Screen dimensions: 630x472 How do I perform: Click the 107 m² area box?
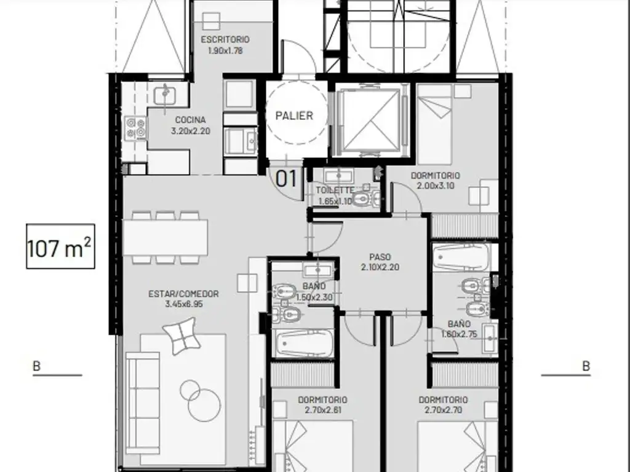(61, 246)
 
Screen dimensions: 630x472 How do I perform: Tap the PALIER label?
(294, 116)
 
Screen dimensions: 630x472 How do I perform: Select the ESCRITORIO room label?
(225, 39)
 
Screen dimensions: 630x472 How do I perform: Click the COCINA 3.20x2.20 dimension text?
(191, 131)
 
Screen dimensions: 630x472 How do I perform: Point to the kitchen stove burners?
(135, 128)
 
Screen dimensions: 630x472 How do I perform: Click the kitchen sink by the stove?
(165, 95)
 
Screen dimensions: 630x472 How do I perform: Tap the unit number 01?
(286, 179)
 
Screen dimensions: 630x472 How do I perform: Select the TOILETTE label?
(335, 191)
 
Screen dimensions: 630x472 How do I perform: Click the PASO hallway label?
(380, 257)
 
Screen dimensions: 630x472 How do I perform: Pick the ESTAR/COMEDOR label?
(183, 294)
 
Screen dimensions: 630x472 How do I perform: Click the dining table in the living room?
(165, 237)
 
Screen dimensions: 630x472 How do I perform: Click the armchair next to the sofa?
(181, 336)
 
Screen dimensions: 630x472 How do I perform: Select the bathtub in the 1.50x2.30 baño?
(304, 343)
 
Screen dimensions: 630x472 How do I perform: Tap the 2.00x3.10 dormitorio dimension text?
(436, 186)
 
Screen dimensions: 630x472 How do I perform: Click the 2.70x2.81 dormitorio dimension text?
(322, 410)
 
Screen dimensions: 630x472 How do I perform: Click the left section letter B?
(36, 366)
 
